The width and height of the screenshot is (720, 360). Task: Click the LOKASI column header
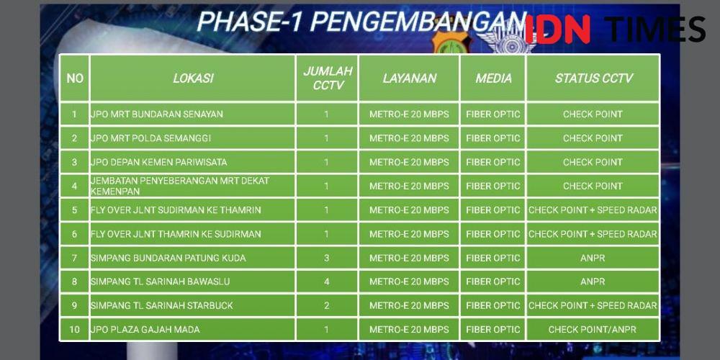click(x=193, y=78)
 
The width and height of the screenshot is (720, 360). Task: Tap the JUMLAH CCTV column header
click(x=328, y=78)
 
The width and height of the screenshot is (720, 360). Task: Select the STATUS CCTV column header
click(x=593, y=78)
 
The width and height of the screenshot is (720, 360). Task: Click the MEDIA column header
click(x=493, y=78)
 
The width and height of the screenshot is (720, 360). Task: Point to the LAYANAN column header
click(x=409, y=78)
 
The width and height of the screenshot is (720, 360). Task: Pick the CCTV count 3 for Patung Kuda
click(x=326, y=258)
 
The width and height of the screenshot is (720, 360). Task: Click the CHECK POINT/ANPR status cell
click(x=593, y=330)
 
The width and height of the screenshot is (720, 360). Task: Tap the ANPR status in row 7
click(x=593, y=258)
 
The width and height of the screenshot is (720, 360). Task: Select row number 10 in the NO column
click(x=74, y=330)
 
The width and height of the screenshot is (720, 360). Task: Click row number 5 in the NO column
click(x=74, y=210)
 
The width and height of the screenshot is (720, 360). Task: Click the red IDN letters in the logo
click(x=557, y=29)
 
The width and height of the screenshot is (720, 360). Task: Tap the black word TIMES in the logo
click(x=654, y=29)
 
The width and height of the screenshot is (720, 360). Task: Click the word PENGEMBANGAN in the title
click(x=420, y=21)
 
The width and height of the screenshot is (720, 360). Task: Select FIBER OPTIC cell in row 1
click(x=493, y=114)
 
